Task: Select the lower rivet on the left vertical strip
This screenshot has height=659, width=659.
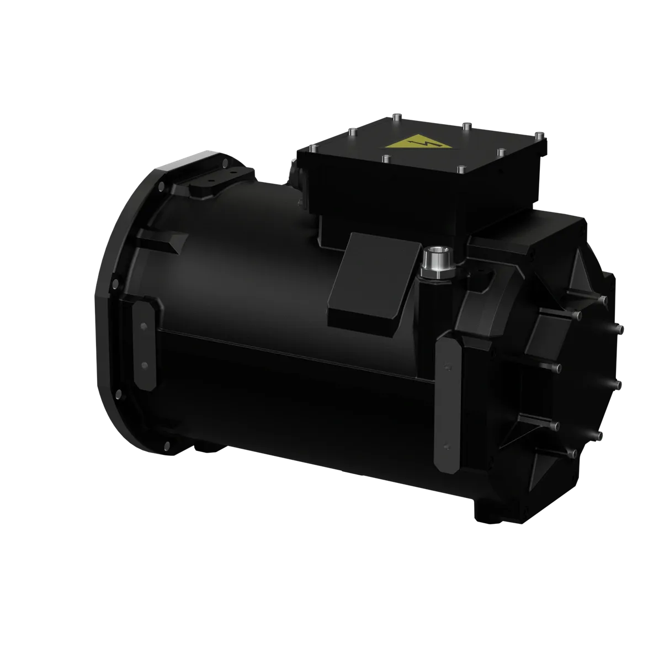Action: [x=144, y=365]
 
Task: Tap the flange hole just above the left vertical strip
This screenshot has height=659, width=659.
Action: [x=114, y=284]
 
